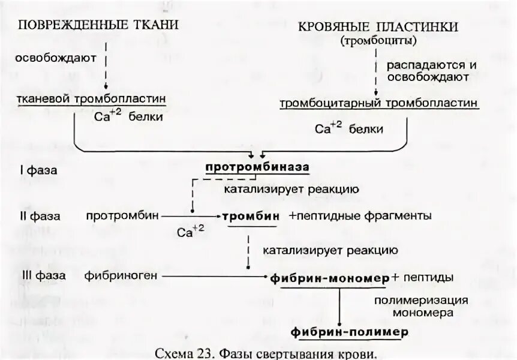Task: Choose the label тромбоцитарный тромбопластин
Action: coord(379,103)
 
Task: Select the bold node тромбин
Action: coord(251,216)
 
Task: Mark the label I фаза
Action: coord(38,170)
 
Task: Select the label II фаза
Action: coord(40,215)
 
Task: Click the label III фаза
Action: coord(41,277)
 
